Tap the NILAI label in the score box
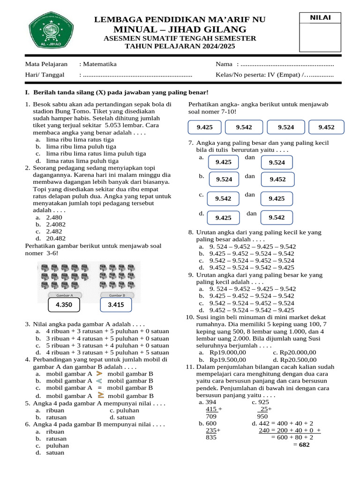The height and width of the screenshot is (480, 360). point(320,18)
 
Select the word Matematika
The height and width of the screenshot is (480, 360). point(100,64)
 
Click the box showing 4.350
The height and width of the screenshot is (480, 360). point(64,305)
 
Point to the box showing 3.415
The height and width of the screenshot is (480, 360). point(116,305)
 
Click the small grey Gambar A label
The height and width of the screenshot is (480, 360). point(64,295)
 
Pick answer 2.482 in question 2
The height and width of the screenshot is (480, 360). point(54,231)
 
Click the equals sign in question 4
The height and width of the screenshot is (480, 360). point(99,388)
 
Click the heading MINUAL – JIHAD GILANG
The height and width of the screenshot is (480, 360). point(180,29)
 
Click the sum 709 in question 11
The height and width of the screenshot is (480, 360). point(211,416)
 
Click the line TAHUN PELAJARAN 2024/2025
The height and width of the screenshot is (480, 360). point(180,46)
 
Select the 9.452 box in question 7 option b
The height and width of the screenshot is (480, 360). point(277,179)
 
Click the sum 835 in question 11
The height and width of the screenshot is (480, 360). point(211,437)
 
